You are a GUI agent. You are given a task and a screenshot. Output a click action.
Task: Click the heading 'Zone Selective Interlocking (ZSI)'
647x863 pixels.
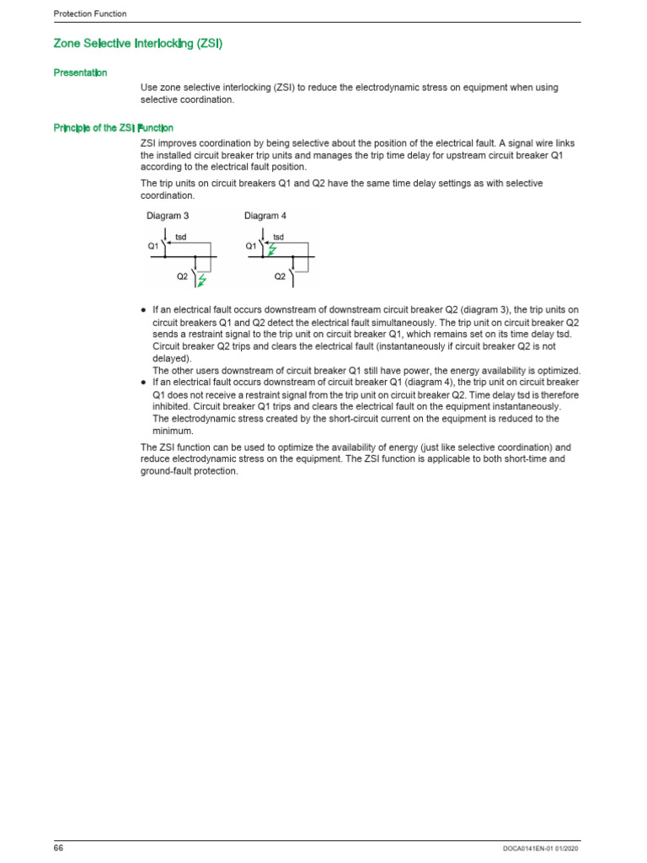coord(137,43)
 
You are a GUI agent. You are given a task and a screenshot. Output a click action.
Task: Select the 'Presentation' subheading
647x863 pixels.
coord(80,73)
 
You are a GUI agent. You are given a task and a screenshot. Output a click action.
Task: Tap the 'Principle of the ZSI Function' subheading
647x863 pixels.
coord(114,128)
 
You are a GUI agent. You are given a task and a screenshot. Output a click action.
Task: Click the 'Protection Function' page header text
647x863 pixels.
coord(90,13)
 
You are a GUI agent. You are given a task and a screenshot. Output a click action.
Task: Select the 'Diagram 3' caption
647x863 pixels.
coord(168,217)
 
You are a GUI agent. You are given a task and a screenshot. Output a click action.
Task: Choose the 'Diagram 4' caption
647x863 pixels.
coord(265,217)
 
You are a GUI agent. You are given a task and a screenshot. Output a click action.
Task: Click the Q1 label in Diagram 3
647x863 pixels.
coord(153,246)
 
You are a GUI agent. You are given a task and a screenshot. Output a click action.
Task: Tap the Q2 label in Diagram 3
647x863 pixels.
coord(182,276)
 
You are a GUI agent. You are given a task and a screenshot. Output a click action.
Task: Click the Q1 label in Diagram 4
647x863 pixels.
coord(251,246)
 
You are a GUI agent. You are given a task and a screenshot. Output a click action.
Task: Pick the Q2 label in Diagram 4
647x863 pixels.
coord(280,276)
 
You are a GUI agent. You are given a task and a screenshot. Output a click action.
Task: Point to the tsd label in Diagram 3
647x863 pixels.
coord(180,238)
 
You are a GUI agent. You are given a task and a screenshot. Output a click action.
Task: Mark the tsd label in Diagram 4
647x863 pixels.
coord(278,238)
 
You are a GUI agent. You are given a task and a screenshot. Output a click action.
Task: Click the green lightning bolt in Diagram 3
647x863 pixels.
coord(201,279)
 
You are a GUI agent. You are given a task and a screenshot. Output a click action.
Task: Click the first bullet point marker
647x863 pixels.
coord(144,311)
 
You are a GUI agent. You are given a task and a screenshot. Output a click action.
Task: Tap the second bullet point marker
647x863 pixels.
coord(144,383)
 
